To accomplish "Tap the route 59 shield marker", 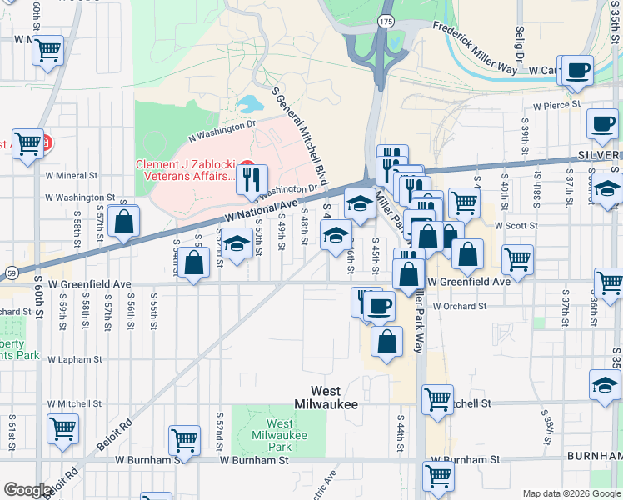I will click(x=11, y=272).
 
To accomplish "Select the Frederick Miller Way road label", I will click(x=476, y=46).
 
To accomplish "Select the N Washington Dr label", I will click(x=221, y=129).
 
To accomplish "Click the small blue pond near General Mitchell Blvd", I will click(x=247, y=105).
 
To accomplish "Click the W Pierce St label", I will click(x=557, y=105).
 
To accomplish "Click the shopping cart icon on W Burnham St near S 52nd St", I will click(x=184, y=438).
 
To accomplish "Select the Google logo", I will click(x=27, y=490).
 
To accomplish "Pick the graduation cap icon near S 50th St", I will click(x=237, y=245).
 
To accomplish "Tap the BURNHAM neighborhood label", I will click(x=594, y=457).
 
